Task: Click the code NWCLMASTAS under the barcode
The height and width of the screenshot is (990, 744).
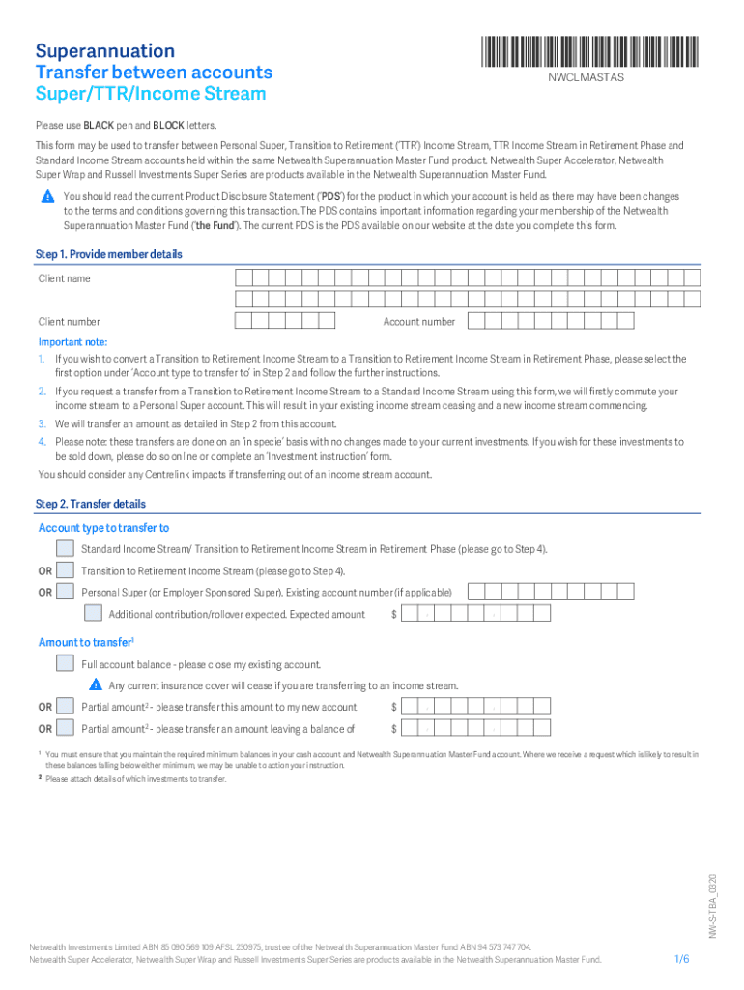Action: click(587, 77)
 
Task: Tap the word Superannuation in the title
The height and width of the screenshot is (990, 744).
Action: click(105, 51)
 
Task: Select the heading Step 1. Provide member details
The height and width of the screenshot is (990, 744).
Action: click(109, 254)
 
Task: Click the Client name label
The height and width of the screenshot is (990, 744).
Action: click(65, 278)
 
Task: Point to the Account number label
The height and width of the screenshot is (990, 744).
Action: click(418, 322)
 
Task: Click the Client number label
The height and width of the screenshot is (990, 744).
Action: click(69, 322)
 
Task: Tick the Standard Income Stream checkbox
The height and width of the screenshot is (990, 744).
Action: click(65, 549)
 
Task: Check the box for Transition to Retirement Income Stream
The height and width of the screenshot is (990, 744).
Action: click(65, 570)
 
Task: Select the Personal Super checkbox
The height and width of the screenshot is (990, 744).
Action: click(65, 592)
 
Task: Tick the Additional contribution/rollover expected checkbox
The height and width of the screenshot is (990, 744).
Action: click(93, 613)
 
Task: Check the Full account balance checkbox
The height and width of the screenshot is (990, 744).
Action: click(65, 663)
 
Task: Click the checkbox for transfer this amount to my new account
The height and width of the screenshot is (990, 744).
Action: click(65, 706)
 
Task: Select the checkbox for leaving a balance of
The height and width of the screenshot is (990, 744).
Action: click(65, 728)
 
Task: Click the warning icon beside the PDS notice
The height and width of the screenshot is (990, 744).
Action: click(46, 197)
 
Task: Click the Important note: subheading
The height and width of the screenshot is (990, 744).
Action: click(72, 342)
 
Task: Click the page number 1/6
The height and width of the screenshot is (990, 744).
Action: click(681, 959)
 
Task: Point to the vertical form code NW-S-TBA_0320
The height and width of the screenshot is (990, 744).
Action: click(711, 905)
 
